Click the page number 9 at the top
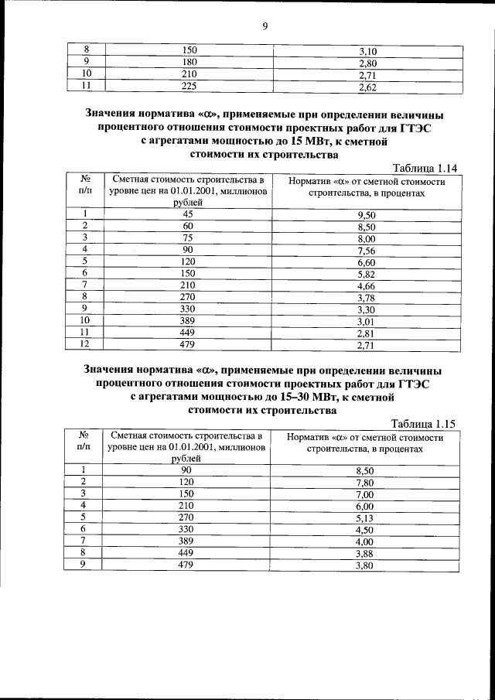pos(265,26)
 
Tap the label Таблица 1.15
pos(425,424)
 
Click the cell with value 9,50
pos(366,214)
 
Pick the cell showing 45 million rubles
pos(187,214)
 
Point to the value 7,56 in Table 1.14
pos(366,251)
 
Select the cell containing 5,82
pos(366,274)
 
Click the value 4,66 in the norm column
pos(366,285)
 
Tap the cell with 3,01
pos(366,321)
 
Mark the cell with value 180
pos(189,63)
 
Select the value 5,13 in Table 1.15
pos(365,517)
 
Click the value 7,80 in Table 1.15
pos(365,482)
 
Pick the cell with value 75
pos(187,238)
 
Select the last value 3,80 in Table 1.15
pos(365,565)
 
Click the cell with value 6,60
pos(366,262)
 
